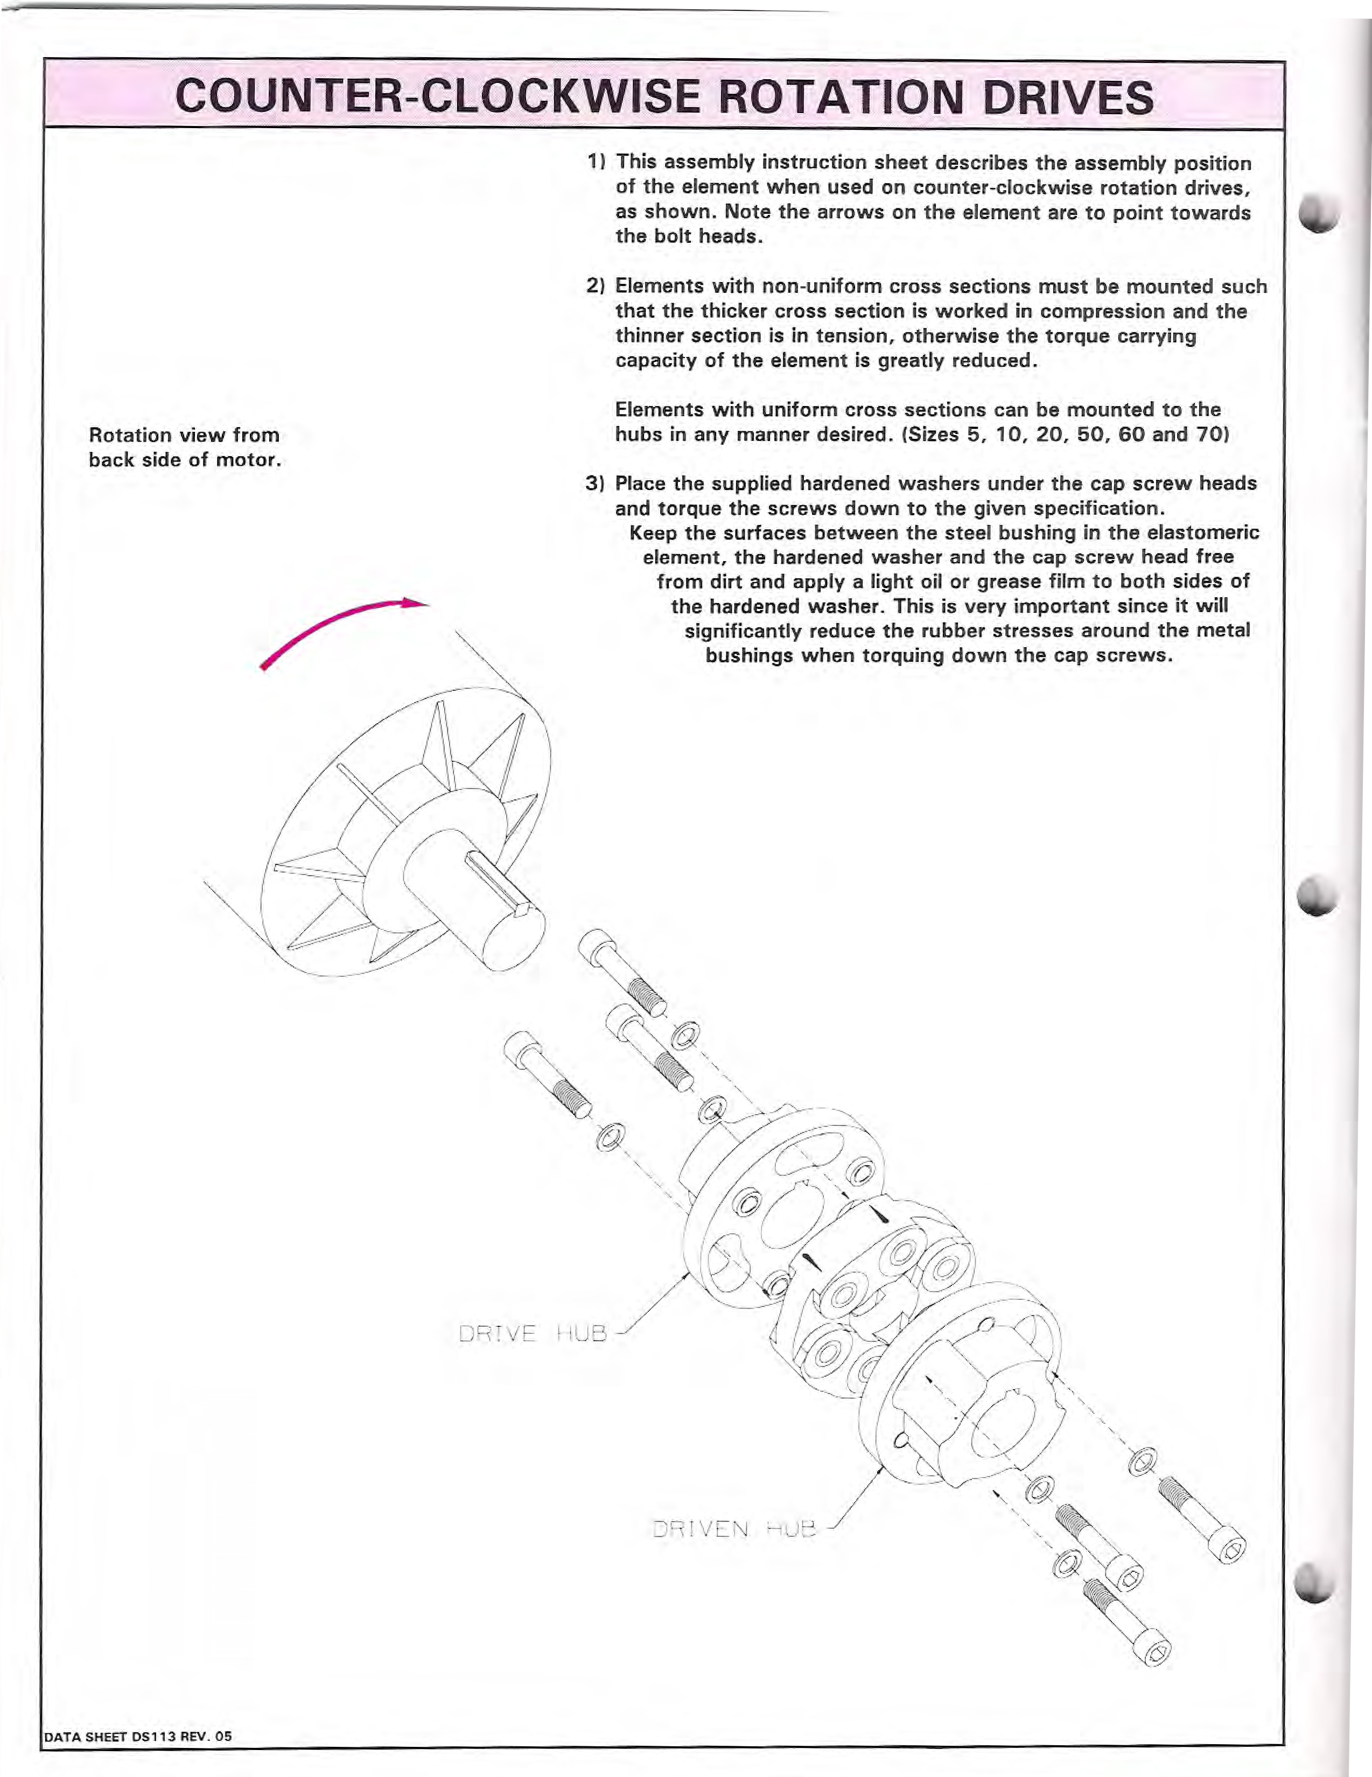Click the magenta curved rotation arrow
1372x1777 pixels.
click(342, 626)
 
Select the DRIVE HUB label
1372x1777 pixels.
click(533, 1334)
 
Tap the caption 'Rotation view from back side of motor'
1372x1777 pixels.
click(185, 447)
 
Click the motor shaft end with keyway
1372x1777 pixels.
click(509, 936)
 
